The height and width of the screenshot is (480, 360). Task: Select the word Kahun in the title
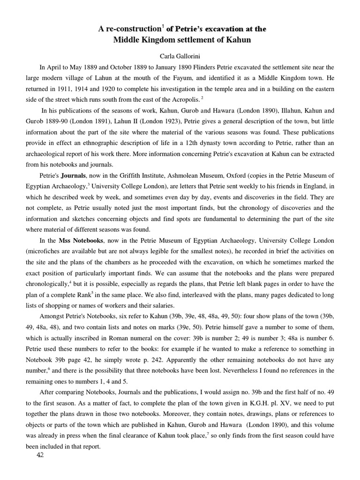point(240,40)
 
